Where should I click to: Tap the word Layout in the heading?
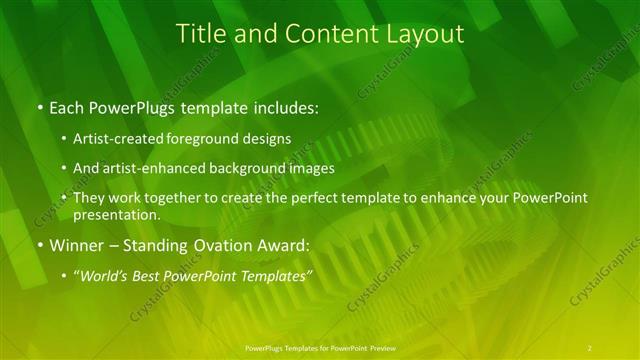[x=425, y=33]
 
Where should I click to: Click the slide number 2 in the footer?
[x=590, y=347]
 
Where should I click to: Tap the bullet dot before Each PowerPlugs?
[x=39, y=107]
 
